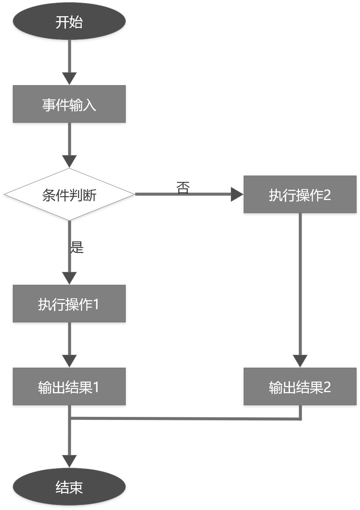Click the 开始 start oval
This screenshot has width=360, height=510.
(x=69, y=21)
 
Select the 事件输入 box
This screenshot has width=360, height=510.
(x=69, y=104)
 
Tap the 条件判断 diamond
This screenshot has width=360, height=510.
(x=69, y=194)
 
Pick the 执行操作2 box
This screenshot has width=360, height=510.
(x=300, y=194)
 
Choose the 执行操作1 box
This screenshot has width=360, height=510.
(x=69, y=304)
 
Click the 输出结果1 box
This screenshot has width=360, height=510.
(x=69, y=386)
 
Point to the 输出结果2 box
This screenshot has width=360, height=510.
(x=300, y=386)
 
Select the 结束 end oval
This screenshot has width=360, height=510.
(x=69, y=487)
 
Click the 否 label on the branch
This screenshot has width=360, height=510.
(x=183, y=187)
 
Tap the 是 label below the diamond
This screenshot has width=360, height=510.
(x=77, y=247)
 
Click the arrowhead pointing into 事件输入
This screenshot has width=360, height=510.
(x=69, y=78)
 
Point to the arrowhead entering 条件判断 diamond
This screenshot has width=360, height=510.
(x=69, y=161)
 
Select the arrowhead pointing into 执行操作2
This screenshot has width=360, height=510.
(x=237, y=194)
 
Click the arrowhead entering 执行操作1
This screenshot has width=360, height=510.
(x=69, y=278)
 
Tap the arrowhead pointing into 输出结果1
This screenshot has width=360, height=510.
(x=69, y=361)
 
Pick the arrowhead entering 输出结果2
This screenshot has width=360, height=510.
(x=300, y=361)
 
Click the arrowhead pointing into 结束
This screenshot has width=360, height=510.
(x=69, y=461)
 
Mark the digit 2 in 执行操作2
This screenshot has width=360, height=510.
(x=327, y=195)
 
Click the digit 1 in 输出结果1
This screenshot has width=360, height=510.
(x=96, y=387)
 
